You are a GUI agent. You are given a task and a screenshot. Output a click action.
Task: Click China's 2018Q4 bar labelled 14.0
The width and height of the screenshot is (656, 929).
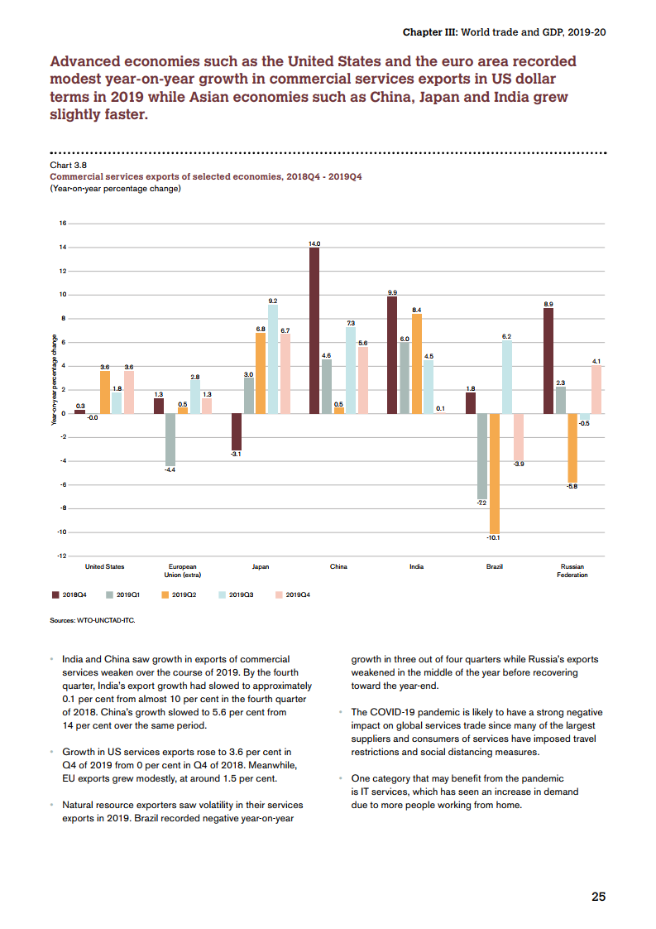pos(314,330)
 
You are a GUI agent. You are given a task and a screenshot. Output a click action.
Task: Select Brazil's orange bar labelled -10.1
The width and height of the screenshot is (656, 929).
pos(495,473)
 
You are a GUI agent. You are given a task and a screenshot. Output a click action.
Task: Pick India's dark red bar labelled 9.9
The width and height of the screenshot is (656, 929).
pos(392,354)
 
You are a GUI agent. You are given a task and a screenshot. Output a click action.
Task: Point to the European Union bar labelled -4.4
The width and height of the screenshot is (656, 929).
pos(170,439)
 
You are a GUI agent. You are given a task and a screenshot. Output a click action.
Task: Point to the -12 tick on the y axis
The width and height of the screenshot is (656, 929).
pos(60,556)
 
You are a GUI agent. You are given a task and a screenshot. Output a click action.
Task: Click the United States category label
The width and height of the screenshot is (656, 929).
pos(105,566)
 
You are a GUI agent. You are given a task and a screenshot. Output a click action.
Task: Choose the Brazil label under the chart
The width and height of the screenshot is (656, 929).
pos(495,566)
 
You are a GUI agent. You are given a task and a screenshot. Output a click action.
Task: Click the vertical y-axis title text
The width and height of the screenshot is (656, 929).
pos(55,380)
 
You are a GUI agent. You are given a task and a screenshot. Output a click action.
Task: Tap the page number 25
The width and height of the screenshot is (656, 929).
pos(598,897)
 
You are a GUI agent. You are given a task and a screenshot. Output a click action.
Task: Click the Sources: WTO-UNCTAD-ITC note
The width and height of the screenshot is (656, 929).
pos(92,619)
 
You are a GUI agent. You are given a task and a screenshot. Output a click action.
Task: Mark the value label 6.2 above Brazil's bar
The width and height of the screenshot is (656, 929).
pos(506,336)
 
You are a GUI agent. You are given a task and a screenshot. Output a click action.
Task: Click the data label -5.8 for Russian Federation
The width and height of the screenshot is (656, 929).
pos(572,486)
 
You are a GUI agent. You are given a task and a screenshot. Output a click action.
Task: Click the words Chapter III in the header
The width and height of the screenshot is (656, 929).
pos(429,32)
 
